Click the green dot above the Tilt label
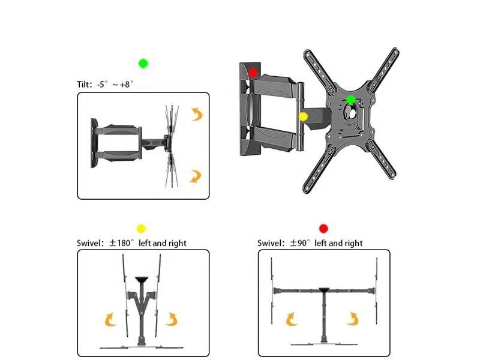coord(143,64)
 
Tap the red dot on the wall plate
coord(253,73)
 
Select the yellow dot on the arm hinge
coord(303,116)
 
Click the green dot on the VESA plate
coord(350,100)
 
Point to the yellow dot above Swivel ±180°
coord(141,229)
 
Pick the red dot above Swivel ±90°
coord(323,229)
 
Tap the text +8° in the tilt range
coord(127,84)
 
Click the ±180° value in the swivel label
coord(122,243)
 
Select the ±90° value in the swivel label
coord(300,243)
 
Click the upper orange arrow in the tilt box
coord(197,114)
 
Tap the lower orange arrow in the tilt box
coord(196,176)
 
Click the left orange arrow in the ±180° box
coord(110,320)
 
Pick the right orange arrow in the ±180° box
coord(172,319)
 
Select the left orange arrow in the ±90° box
coord(292,319)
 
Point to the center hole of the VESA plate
coord(351,112)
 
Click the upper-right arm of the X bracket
coord(383,70)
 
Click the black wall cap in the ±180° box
coord(142,280)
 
